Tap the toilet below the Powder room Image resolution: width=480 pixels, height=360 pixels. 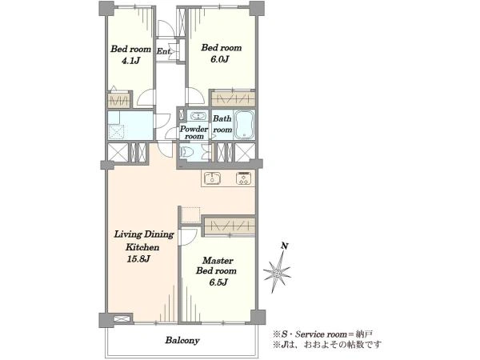186,152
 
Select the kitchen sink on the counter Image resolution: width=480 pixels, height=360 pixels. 213,178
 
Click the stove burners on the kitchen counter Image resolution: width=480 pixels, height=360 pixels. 244,178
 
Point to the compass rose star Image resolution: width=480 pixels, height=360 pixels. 277,272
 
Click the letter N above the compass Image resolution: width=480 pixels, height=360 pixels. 285,246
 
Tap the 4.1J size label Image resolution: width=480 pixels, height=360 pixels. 130,61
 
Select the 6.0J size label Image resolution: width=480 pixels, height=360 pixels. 220,59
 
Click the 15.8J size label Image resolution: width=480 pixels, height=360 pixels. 138,259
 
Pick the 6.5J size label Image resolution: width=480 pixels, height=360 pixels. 218,282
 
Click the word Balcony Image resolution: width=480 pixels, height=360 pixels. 182,341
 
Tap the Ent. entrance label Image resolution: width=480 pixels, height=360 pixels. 163,51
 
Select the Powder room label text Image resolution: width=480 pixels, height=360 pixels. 194,132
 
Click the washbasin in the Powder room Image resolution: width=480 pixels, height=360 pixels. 199,116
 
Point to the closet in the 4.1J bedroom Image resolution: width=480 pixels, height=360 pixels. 119,99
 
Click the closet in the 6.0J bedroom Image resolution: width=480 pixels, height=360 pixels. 234,99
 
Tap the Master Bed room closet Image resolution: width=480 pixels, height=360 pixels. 230,226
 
